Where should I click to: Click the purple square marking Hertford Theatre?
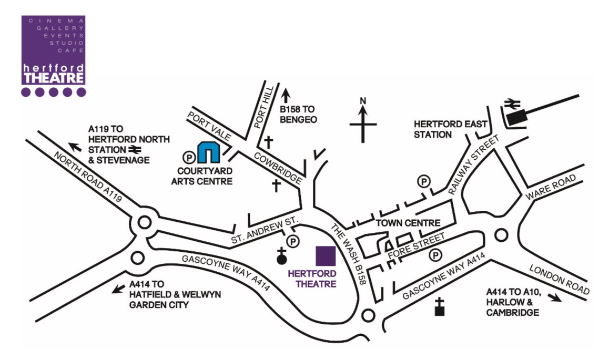(326, 256)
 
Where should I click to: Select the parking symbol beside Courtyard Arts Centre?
(189, 158)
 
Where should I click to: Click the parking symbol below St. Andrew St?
(293, 242)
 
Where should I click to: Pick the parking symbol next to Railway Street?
(424, 181)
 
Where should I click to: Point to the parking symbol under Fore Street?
(435, 255)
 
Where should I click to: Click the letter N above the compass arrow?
(363, 101)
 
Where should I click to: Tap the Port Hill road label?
(264, 107)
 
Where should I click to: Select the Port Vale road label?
(209, 126)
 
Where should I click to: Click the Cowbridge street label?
(278, 168)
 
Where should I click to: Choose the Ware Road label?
(551, 188)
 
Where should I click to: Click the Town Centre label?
(408, 223)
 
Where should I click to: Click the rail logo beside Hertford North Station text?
(135, 149)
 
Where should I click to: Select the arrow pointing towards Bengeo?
(286, 96)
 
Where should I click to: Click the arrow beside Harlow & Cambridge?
(555, 297)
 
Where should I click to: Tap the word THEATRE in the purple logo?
(54, 78)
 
